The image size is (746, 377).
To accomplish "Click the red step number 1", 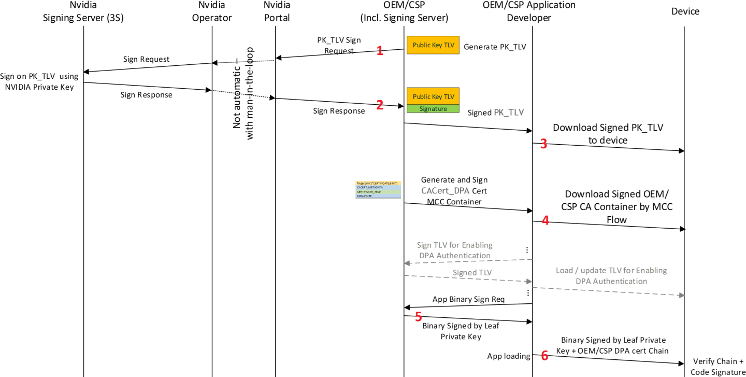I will pos(380,50).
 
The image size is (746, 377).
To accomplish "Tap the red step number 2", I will pos(380,105).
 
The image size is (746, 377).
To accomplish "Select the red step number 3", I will pos(543,144).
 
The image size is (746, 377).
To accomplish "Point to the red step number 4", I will pos(545,220).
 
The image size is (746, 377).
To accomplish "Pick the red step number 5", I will pos(419,316).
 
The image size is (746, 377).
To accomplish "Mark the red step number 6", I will pos(544,355).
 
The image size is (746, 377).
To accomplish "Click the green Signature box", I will pos(433,109).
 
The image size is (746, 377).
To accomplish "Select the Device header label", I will pos(685,11).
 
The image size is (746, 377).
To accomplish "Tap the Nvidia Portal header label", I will pos(277,12).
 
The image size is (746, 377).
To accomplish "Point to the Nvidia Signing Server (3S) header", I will pos(83,12).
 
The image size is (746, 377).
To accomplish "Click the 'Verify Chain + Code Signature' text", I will pos(718,366).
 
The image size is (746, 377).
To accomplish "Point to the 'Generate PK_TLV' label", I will pos(495,47).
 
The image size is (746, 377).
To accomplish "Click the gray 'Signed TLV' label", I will pos(471,273).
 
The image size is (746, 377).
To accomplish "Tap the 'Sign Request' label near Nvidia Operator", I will pos(146,59).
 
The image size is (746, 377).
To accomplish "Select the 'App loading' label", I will pos(509,356).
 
